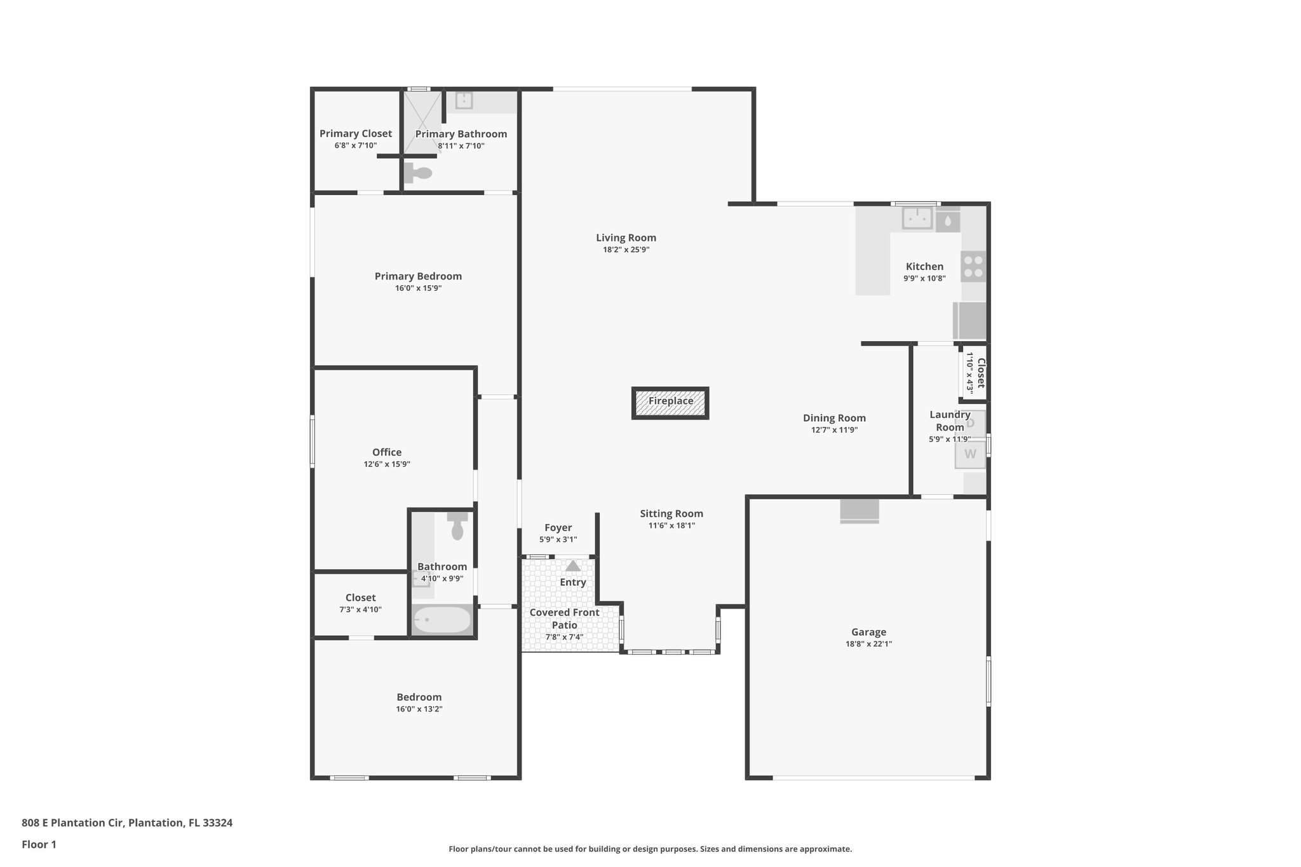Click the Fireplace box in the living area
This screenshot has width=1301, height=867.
point(670,403)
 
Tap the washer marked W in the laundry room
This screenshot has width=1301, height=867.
point(970,455)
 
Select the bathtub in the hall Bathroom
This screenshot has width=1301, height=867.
point(443,620)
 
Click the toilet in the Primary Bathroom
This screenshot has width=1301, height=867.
point(419,172)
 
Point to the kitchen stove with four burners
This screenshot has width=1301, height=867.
point(973,266)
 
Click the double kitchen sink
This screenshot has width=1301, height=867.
point(917,218)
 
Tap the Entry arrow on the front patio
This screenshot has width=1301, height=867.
point(573,566)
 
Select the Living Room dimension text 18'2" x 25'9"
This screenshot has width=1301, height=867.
point(626,250)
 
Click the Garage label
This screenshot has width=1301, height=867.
point(868,632)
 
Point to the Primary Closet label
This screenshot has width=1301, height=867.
point(355,133)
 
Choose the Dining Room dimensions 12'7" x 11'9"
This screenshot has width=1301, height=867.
point(834,430)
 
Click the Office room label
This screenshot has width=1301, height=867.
point(387,452)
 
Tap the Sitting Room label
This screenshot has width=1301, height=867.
point(671,514)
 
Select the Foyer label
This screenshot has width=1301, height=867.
point(558,528)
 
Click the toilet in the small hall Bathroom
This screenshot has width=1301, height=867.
point(457,527)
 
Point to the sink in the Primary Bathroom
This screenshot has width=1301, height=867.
point(464,100)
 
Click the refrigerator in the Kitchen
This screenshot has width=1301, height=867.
point(970,321)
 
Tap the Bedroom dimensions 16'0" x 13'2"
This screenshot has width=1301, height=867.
point(419,709)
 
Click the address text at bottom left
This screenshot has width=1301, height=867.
point(127,823)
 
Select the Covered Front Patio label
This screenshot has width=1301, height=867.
point(564,619)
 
